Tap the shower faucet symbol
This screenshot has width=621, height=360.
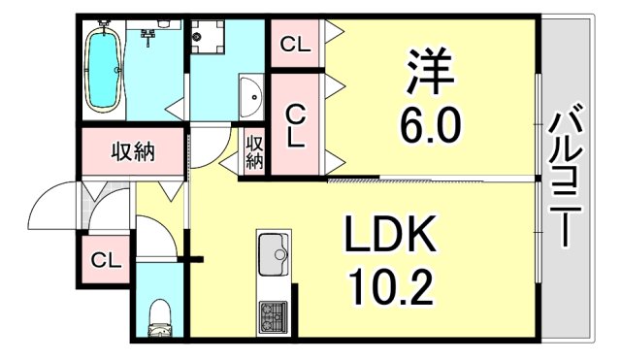149,37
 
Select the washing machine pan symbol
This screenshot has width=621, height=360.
209,39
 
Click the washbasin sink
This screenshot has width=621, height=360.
250,97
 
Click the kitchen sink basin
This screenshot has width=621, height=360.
274,255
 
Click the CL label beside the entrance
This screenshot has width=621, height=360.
104,260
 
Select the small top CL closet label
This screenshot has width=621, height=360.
295,45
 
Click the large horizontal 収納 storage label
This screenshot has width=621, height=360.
130,151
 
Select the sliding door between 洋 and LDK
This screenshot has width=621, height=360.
432,179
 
